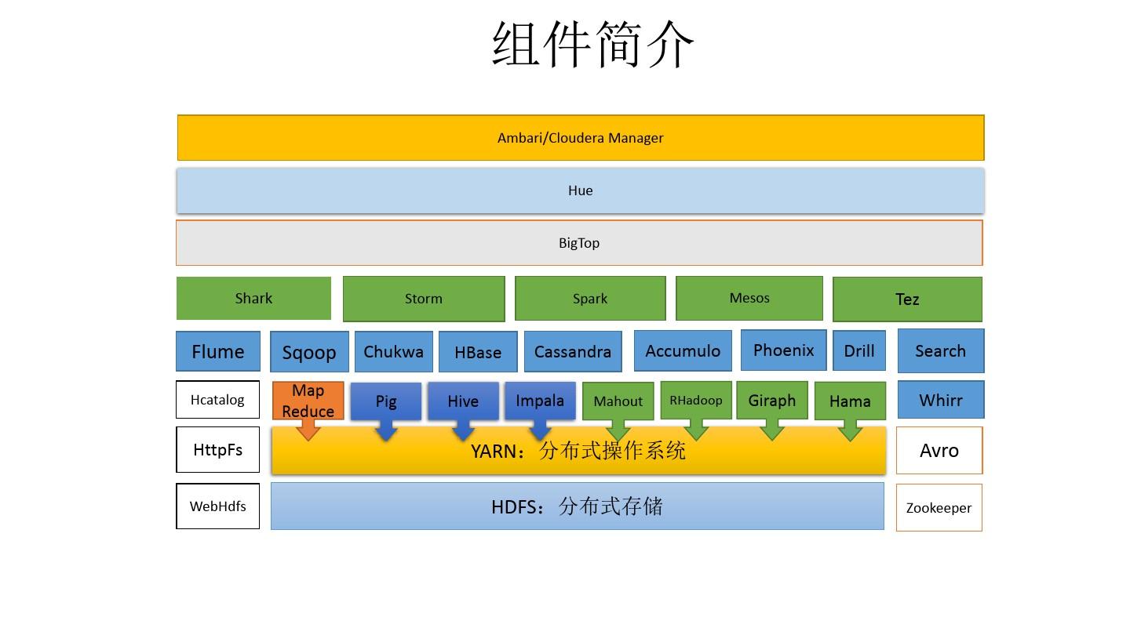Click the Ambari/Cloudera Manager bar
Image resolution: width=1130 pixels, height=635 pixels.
coord(581,138)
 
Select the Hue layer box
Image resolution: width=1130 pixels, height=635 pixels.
coord(580,190)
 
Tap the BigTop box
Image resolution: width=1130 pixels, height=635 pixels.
coord(579,243)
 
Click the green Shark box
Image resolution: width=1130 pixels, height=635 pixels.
coord(253,299)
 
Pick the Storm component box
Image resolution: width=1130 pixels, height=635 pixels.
coord(424,299)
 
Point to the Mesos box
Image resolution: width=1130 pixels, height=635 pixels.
coord(749,299)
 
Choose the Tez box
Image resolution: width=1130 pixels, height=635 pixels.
coord(907,299)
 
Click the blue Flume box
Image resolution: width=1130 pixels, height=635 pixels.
coord(217,352)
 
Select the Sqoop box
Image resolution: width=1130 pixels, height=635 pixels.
coord(309,353)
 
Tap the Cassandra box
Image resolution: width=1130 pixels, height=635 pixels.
coord(573,352)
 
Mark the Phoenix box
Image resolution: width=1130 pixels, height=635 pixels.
coord(783,350)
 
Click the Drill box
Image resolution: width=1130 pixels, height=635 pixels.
coord(859,351)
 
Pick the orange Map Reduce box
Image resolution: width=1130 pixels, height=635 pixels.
coord(308,401)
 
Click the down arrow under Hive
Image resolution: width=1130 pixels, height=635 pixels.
coord(463,431)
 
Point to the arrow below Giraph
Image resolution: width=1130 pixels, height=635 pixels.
coord(772,430)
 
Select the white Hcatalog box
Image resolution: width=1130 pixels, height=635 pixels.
coord(217,400)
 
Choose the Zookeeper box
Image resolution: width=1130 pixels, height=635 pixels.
coord(939,508)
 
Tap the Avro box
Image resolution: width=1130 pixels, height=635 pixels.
coord(939,451)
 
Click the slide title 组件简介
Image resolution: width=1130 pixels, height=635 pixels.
coord(593,44)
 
